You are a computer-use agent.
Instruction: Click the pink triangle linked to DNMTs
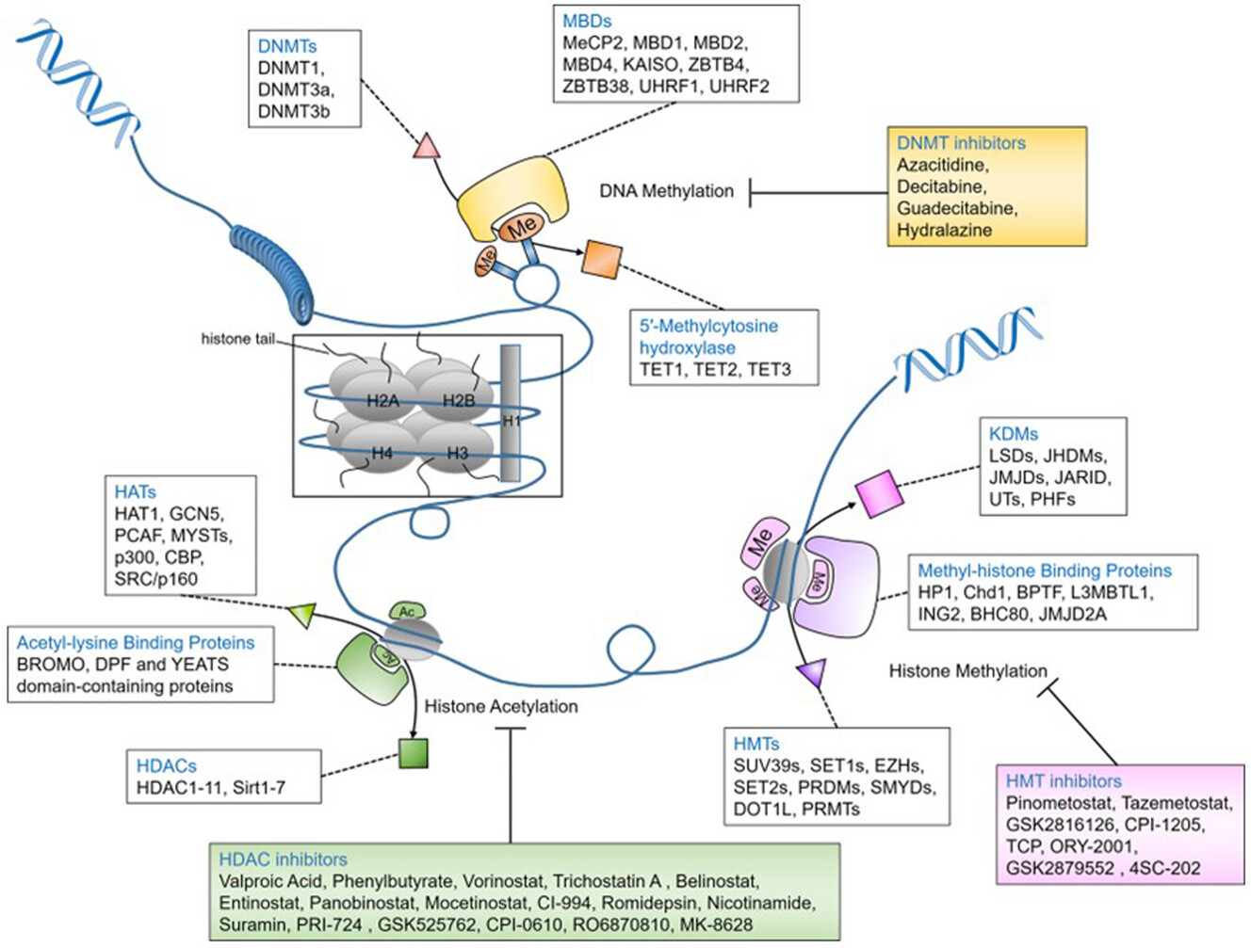(427, 147)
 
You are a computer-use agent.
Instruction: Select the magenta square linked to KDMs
(880, 493)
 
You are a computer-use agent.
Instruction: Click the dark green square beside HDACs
(414, 753)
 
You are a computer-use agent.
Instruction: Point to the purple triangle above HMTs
(813, 674)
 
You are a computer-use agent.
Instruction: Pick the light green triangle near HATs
(302, 615)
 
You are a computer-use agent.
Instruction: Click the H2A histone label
(382, 401)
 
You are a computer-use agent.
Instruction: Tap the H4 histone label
(382, 453)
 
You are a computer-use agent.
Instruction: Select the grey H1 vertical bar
(511, 412)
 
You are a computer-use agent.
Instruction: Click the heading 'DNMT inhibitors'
(961, 143)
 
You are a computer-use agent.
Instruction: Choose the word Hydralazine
(945, 230)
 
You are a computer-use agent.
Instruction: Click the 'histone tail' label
(237, 339)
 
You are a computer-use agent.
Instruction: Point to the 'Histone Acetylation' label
(501, 707)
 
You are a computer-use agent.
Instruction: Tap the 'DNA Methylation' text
(666, 191)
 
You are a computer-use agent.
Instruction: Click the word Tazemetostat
(1177, 803)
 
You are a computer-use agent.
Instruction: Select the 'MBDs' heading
(587, 21)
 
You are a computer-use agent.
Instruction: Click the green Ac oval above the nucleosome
(406, 612)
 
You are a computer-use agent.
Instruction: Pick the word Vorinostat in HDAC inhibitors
(503, 881)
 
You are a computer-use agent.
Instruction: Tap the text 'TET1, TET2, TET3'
(715, 370)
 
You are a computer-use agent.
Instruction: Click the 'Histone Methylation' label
(968, 670)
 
